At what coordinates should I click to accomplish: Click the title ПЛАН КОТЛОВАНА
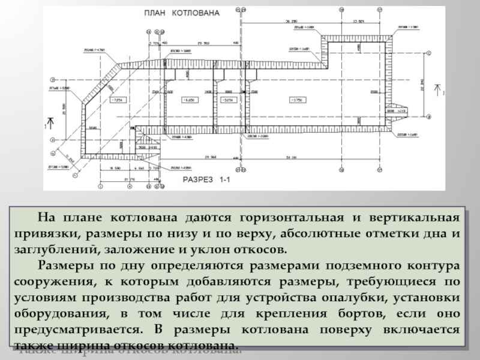pyautogui.click(x=181, y=12)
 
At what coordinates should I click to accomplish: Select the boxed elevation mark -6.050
pyautogui.click(x=190, y=99)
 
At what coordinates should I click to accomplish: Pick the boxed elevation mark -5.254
pyautogui.click(x=228, y=99)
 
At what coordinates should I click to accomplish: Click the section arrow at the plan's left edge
pyautogui.click(x=50, y=126)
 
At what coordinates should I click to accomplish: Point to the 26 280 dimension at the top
pyautogui.click(x=292, y=22)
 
